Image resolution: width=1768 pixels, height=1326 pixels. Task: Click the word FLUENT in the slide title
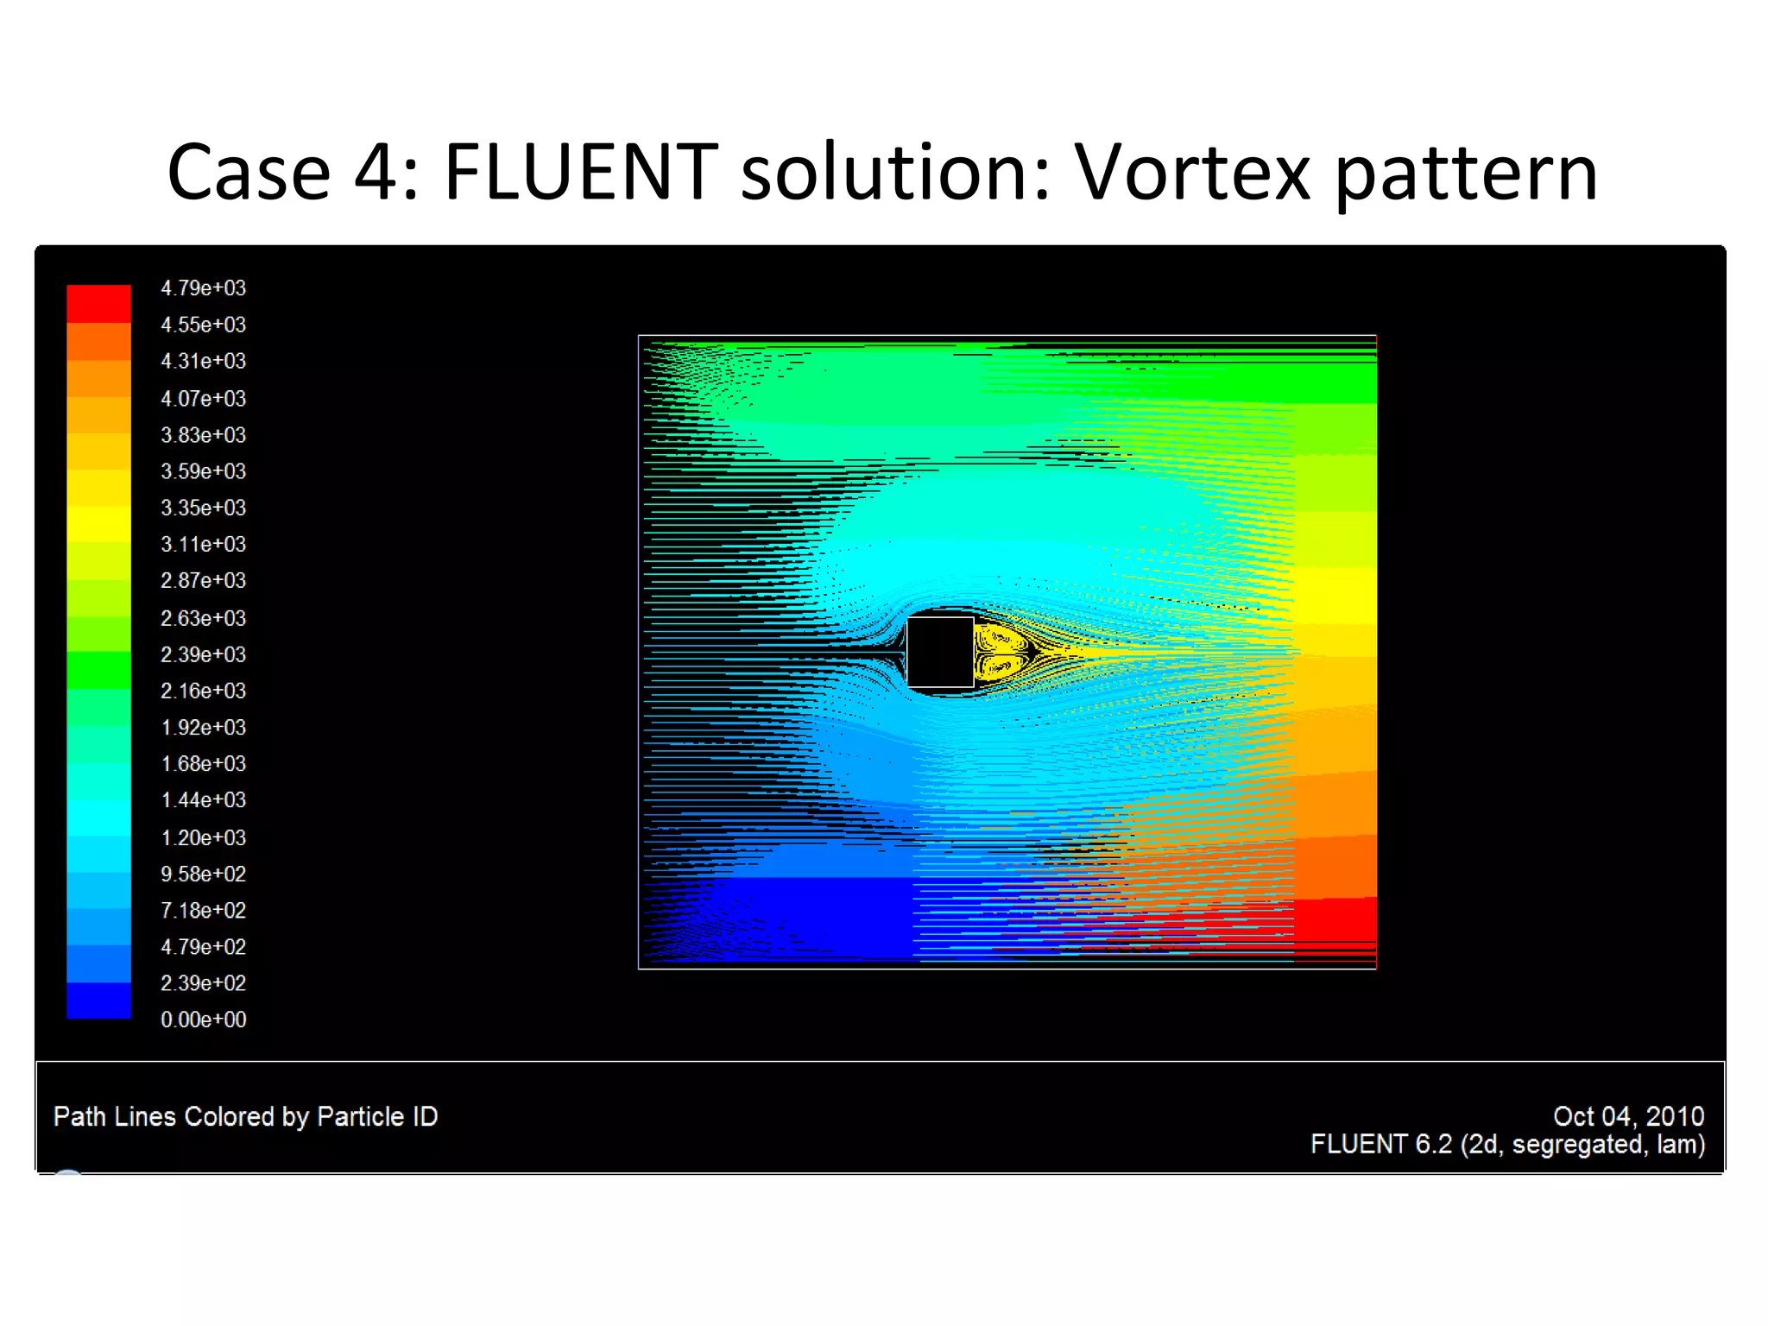point(580,173)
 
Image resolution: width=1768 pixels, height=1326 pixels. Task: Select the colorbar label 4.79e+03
point(203,288)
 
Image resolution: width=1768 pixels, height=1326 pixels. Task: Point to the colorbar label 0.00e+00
point(203,1020)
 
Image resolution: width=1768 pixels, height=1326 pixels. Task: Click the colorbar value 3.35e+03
point(203,508)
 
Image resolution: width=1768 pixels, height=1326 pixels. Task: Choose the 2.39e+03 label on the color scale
point(203,654)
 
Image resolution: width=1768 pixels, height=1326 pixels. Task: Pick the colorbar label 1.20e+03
point(203,837)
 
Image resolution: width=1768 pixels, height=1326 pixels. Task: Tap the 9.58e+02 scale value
point(203,874)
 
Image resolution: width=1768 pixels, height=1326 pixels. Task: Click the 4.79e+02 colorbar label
point(203,947)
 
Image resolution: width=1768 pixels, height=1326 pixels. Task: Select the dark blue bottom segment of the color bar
point(98,1001)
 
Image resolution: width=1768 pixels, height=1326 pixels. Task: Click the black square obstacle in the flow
point(940,652)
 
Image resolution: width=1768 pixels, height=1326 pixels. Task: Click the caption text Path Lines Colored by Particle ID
point(245,1116)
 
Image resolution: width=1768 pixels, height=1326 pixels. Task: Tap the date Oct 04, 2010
point(1628,1116)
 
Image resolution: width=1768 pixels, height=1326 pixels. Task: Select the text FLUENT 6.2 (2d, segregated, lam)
point(1507,1145)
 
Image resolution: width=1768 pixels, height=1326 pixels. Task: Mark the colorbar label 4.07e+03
point(203,398)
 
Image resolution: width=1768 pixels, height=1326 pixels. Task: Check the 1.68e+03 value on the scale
point(203,764)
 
